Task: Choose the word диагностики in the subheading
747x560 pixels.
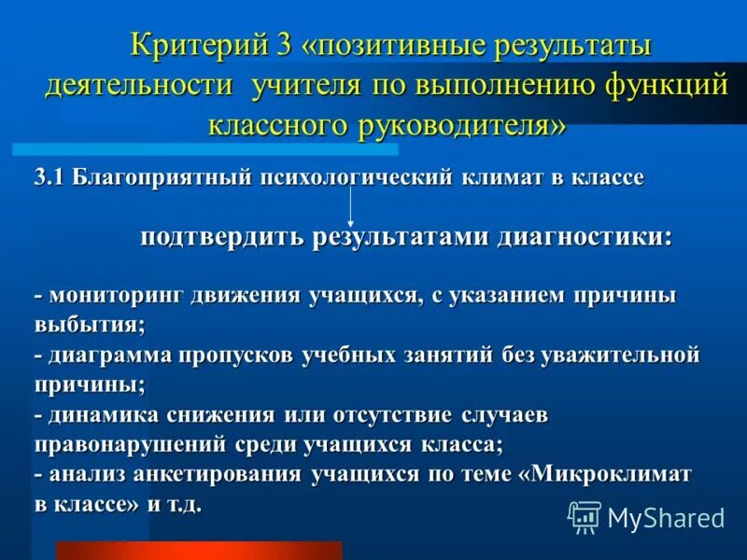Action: tap(589, 236)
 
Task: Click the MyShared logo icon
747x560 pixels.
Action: tap(585, 516)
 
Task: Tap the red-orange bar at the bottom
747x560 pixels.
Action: tap(198, 550)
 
